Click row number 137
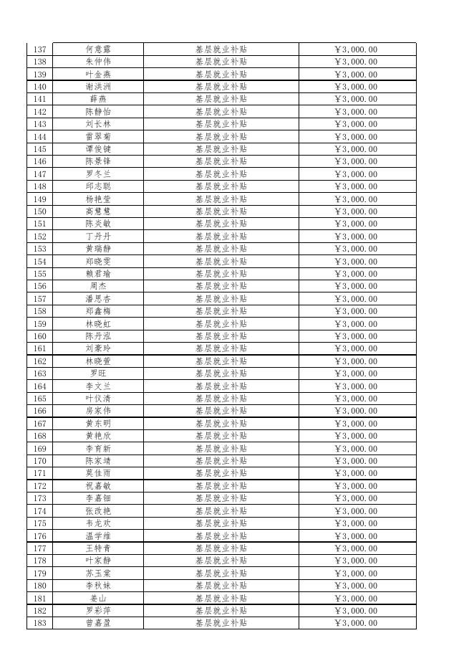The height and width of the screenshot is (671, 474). [x=40, y=49]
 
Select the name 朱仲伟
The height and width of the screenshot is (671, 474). [x=98, y=62]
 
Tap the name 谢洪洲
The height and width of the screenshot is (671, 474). [x=98, y=87]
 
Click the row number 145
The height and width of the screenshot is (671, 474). [x=40, y=149]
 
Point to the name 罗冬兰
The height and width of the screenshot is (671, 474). [x=98, y=174]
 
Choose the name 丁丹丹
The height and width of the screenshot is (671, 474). [x=98, y=237]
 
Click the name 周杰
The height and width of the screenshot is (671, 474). [x=98, y=286]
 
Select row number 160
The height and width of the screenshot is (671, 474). [x=40, y=336]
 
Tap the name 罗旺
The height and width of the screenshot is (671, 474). [x=98, y=373]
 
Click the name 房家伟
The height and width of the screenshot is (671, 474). [x=98, y=411]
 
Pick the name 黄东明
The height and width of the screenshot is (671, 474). [x=98, y=424]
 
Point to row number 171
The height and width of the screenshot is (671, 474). [x=40, y=473]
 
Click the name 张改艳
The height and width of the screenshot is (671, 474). [x=98, y=511]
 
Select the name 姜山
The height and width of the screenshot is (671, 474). [x=98, y=598]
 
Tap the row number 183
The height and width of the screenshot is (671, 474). [x=40, y=623]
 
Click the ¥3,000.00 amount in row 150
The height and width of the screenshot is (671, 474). [x=356, y=211]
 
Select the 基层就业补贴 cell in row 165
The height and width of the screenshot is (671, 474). [x=221, y=399]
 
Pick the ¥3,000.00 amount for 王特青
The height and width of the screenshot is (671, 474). [x=356, y=548]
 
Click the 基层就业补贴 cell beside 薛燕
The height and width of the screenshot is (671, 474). [x=221, y=99]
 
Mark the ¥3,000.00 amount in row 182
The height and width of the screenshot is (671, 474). [x=356, y=611]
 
